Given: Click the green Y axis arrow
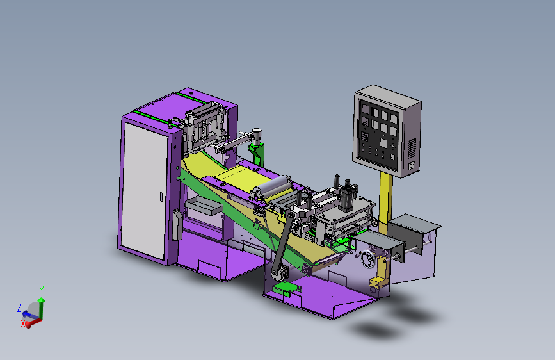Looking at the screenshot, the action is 42,307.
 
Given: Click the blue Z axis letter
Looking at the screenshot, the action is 19,307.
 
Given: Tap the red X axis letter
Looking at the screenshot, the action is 23,323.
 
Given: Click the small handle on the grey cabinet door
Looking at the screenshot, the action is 161,197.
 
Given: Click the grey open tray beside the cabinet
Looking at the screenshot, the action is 204,206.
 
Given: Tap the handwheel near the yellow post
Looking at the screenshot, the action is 368,259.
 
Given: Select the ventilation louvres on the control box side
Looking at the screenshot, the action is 412,148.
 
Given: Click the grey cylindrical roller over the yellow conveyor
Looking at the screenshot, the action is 274,187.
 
